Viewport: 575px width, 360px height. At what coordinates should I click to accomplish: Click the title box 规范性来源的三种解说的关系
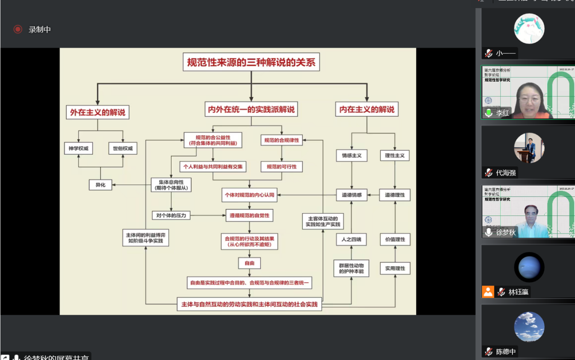coord(251,62)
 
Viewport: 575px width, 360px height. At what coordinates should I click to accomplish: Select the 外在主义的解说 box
coord(97,112)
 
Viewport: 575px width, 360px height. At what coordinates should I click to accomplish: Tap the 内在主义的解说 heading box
coord(367,109)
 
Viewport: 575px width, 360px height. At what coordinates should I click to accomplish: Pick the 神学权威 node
coord(78,148)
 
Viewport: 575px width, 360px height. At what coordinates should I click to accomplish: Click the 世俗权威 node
coord(122,148)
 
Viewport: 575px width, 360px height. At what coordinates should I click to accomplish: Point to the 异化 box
coord(100,185)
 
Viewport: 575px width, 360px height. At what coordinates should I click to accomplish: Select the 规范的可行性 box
coord(282,167)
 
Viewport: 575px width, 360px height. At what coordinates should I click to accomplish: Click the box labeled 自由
coord(249,263)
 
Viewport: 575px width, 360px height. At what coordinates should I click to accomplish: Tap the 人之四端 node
coord(351,239)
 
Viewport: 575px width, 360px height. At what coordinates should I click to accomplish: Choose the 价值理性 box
coord(395,239)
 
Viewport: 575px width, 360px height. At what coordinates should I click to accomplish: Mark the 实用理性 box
coord(395,268)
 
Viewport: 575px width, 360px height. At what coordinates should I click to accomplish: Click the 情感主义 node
coord(352,156)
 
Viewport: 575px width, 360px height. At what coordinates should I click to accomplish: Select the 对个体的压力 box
coord(171,215)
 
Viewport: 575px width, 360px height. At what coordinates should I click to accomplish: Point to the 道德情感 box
coord(352,195)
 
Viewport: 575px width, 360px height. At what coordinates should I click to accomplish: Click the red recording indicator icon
coord(18,29)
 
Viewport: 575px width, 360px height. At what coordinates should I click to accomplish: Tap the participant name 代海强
coord(506,173)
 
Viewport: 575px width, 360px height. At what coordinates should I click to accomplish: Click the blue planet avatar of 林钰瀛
coord(529,267)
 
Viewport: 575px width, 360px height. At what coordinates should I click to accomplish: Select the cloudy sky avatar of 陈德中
coord(529,327)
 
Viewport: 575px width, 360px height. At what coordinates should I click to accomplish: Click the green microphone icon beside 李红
coord(488,113)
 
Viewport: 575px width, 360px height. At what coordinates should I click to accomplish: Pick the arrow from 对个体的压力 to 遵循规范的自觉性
coord(208,215)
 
